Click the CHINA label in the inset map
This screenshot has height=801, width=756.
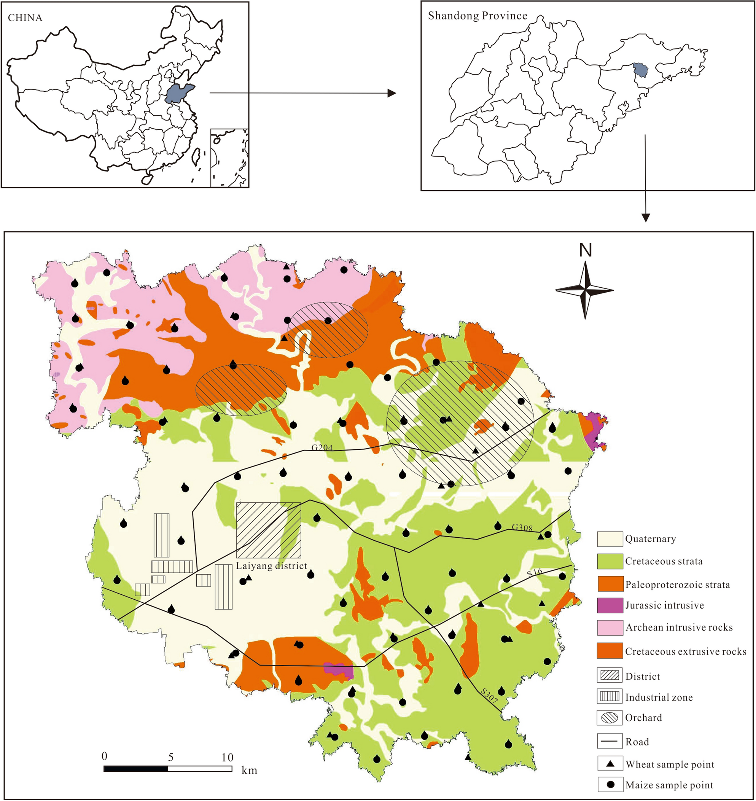tap(25, 18)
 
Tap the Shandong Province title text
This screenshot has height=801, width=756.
tap(477, 16)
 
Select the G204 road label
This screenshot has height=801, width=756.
tap(322, 447)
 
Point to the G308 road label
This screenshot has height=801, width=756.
tap(522, 528)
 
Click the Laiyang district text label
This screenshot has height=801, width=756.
tap(272, 565)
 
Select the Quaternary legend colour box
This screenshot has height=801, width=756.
tap(610, 539)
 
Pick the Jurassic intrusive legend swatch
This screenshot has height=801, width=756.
tap(610, 605)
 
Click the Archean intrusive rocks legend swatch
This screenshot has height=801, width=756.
tap(610, 627)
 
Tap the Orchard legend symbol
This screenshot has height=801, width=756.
tap(610, 718)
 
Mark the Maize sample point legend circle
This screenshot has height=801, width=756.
tap(610, 785)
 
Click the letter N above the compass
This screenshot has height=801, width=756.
tap(585, 250)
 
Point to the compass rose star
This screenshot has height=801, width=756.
tap(585, 290)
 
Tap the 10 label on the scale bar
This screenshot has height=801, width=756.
tap(227, 758)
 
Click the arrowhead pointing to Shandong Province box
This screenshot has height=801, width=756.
tap(391, 93)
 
